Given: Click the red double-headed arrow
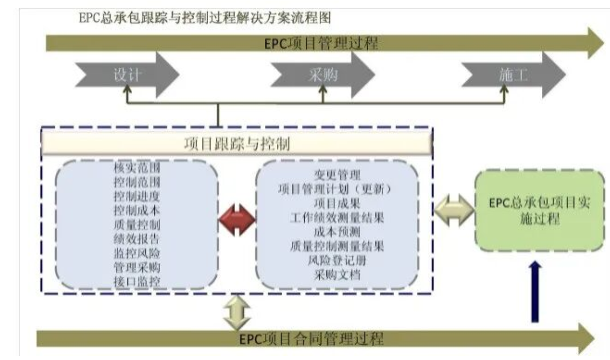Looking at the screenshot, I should coord(237,219).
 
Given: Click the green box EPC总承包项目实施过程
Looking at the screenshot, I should coord(539,211).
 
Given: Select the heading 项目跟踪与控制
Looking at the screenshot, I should coord(237,144).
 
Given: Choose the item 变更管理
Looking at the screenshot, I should coord(337,175).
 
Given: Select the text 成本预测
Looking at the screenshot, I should coord(337,231).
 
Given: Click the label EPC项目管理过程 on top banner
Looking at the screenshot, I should coord(319,43).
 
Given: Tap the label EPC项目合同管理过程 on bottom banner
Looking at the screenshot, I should coord(311,339).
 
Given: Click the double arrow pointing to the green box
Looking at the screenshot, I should coord(454,211).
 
